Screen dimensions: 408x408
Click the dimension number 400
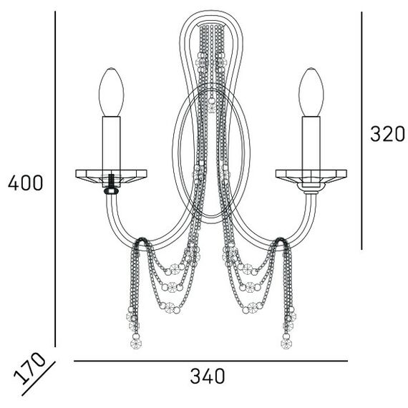pos(25,183)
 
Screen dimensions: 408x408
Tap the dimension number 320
pos(387,134)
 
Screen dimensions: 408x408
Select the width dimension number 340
pos(208,376)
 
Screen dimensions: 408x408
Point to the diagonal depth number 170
pos(29,368)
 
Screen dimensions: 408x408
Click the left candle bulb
pos(112,92)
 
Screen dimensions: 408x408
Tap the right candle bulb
pos(311,92)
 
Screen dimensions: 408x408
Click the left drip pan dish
pos(112,176)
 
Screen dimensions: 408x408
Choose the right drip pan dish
pos(311,176)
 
